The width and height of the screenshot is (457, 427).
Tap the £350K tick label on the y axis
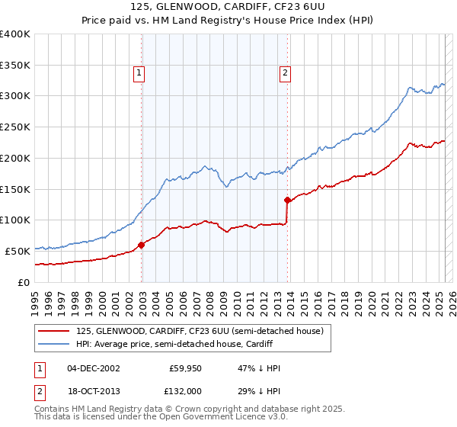point(15,65)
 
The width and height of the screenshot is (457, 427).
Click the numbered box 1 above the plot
point(140,73)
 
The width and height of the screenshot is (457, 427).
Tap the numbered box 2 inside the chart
point(285,73)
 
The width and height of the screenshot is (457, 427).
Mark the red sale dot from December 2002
point(142,245)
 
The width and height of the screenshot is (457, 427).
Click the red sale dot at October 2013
point(288,201)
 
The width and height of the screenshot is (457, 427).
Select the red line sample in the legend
point(53,331)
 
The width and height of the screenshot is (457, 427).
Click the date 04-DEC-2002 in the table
point(94,368)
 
